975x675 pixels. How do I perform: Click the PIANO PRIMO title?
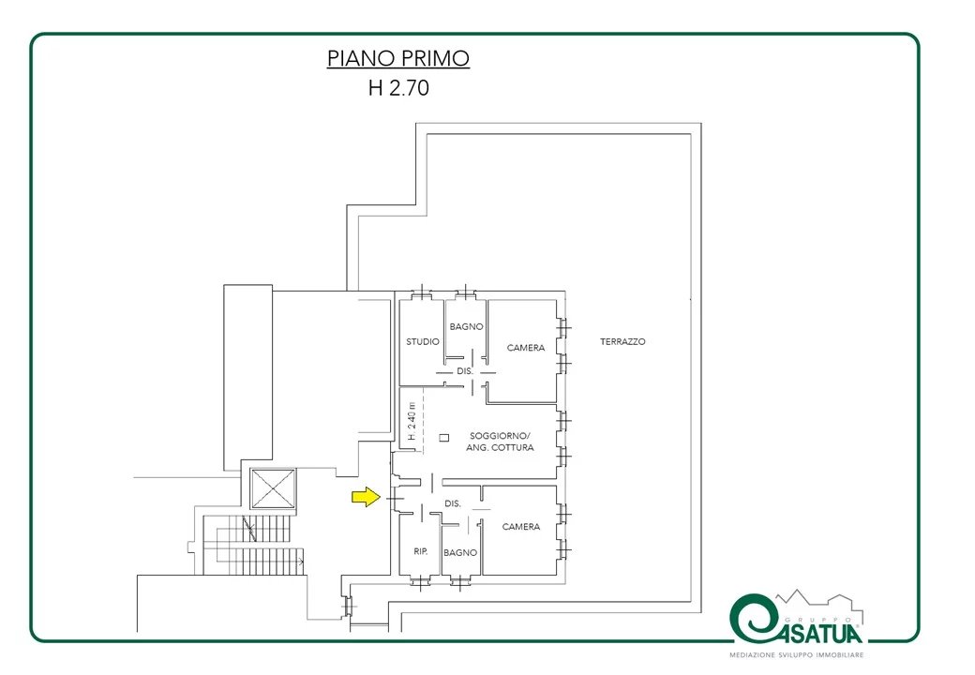pyautogui.click(x=397, y=58)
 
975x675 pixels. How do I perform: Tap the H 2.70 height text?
pyautogui.click(x=398, y=87)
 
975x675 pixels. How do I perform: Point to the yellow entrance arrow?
pyautogui.click(x=367, y=497)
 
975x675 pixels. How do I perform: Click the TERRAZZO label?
pyautogui.click(x=622, y=341)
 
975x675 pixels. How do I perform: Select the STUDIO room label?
pyautogui.click(x=423, y=341)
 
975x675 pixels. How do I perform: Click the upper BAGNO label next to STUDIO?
pyautogui.click(x=466, y=326)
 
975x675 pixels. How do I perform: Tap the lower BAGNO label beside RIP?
pyautogui.click(x=460, y=552)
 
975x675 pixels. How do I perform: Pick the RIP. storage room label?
pyautogui.click(x=421, y=551)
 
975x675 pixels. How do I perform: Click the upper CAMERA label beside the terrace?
pyautogui.click(x=526, y=348)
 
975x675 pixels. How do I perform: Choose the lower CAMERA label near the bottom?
pyautogui.click(x=521, y=527)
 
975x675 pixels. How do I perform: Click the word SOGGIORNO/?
pyautogui.click(x=500, y=436)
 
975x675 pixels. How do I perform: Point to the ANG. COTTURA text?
pyautogui.click(x=500, y=447)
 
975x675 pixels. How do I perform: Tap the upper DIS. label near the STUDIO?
pyautogui.click(x=465, y=371)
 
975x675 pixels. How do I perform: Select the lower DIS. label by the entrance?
pyautogui.click(x=453, y=503)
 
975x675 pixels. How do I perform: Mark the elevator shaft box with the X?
pyautogui.click(x=273, y=488)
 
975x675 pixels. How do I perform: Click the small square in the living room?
pyautogui.click(x=444, y=438)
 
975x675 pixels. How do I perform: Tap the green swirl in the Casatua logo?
pyautogui.click(x=755, y=619)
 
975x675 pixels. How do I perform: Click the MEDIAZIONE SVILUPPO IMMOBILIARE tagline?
pyautogui.click(x=797, y=655)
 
